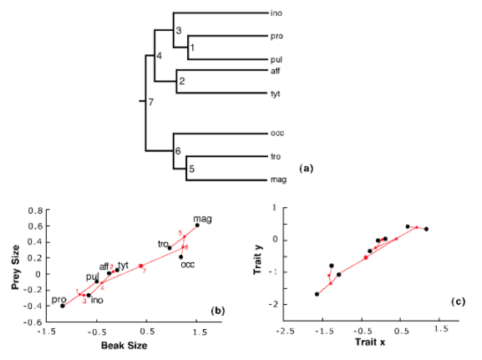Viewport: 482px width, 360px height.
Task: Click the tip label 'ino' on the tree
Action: pyautogui.click(x=277, y=14)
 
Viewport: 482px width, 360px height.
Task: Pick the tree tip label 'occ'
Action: pyautogui.click(x=277, y=133)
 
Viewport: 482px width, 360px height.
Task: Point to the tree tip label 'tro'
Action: pyautogui.click(x=276, y=156)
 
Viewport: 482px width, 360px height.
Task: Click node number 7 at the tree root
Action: pyautogui.click(x=150, y=103)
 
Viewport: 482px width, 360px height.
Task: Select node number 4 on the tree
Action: pyautogui.click(x=160, y=56)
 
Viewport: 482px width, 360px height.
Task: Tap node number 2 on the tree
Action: pyautogui.click(x=181, y=82)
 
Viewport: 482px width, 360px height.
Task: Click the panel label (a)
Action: pyautogui.click(x=306, y=168)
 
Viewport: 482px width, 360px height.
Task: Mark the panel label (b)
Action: pyautogui.click(x=217, y=311)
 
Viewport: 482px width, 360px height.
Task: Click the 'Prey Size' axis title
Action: pyautogui.click(x=15, y=264)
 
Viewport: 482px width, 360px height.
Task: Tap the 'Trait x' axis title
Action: pyautogui.click(x=368, y=343)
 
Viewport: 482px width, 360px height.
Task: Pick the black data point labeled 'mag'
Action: pyautogui.click(x=197, y=225)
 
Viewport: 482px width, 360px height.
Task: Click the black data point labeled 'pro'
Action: pyautogui.click(x=63, y=306)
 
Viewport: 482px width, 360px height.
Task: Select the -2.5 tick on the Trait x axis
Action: pyautogui.click(x=286, y=330)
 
